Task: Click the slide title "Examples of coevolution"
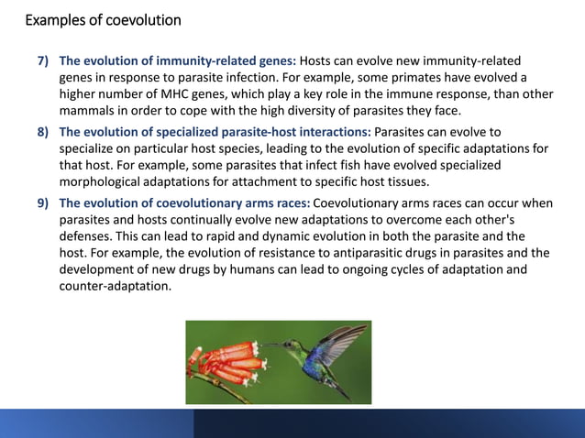tap(103, 20)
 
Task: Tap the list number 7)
tap(44, 62)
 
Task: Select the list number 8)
tap(44, 131)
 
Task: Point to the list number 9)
tap(44, 202)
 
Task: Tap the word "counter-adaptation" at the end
tap(116, 287)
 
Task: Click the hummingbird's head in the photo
tap(292, 345)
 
